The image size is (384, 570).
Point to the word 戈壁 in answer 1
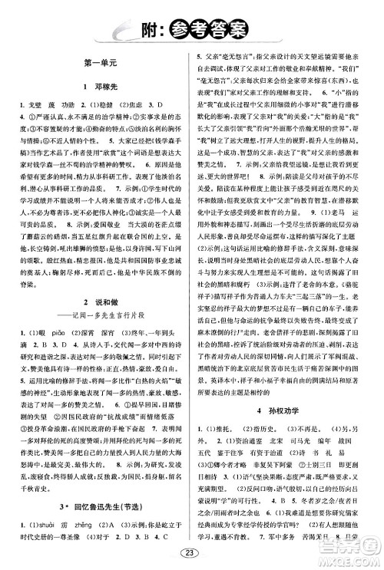(35, 104)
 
